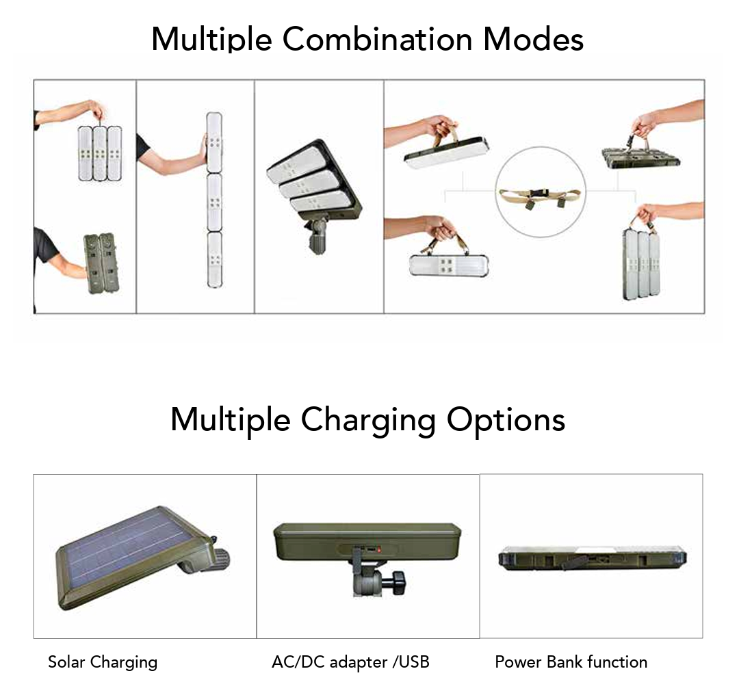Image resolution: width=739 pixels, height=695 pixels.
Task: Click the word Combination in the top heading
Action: [x=377, y=38]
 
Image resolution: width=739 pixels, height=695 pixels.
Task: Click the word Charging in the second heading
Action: [x=368, y=419]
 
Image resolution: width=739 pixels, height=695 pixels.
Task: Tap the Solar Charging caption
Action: [x=103, y=662]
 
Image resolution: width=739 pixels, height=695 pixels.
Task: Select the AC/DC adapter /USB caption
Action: [x=350, y=662]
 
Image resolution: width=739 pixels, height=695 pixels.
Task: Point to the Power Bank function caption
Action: [x=571, y=662]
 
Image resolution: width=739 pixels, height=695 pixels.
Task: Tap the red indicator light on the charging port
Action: [x=378, y=549]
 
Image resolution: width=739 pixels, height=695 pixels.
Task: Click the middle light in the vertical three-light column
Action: [x=214, y=202]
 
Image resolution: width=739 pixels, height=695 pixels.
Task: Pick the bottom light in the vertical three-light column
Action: [x=214, y=260]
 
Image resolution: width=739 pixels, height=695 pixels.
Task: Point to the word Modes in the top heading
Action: [x=534, y=38]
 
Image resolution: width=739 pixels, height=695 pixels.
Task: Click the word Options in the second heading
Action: [x=506, y=419]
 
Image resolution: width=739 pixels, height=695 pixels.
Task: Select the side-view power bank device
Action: [x=593, y=558]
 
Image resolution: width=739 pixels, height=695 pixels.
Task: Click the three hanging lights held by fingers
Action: [x=100, y=154]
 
